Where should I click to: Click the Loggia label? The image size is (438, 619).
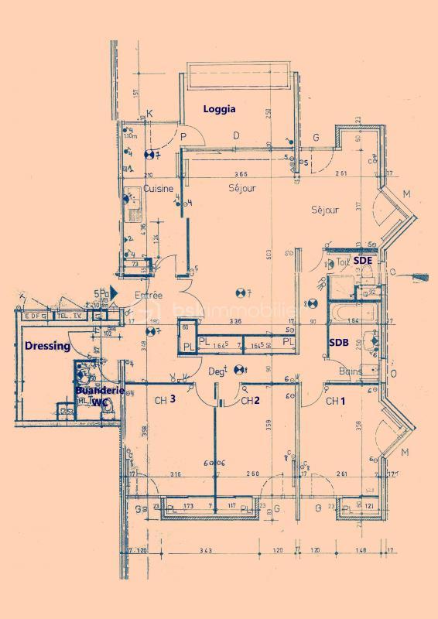(x=219, y=109)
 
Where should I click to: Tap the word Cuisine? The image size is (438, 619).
(x=159, y=189)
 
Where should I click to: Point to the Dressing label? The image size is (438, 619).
(x=47, y=346)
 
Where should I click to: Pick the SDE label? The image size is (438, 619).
(x=362, y=262)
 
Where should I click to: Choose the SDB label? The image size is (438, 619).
(x=337, y=342)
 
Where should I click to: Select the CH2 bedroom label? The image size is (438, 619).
(x=249, y=401)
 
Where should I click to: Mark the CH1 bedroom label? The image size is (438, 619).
(x=334, y=401)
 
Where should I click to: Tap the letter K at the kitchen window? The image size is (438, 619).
(x=149, y=115)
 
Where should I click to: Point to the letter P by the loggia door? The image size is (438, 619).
(x=184, y=137)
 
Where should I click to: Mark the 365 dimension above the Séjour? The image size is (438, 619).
(x=241, y=174)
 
